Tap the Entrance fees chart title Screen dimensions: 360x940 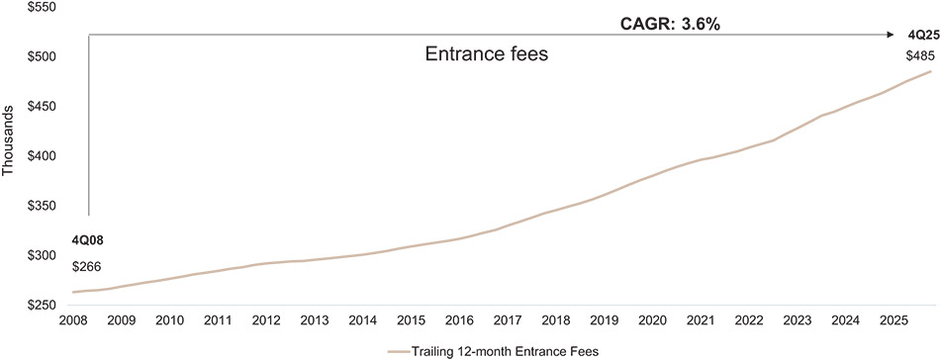[486, 56]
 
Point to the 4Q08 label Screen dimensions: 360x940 [88, 240]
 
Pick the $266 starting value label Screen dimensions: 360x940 [87, 266]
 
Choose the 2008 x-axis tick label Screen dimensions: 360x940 [73, 321]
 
